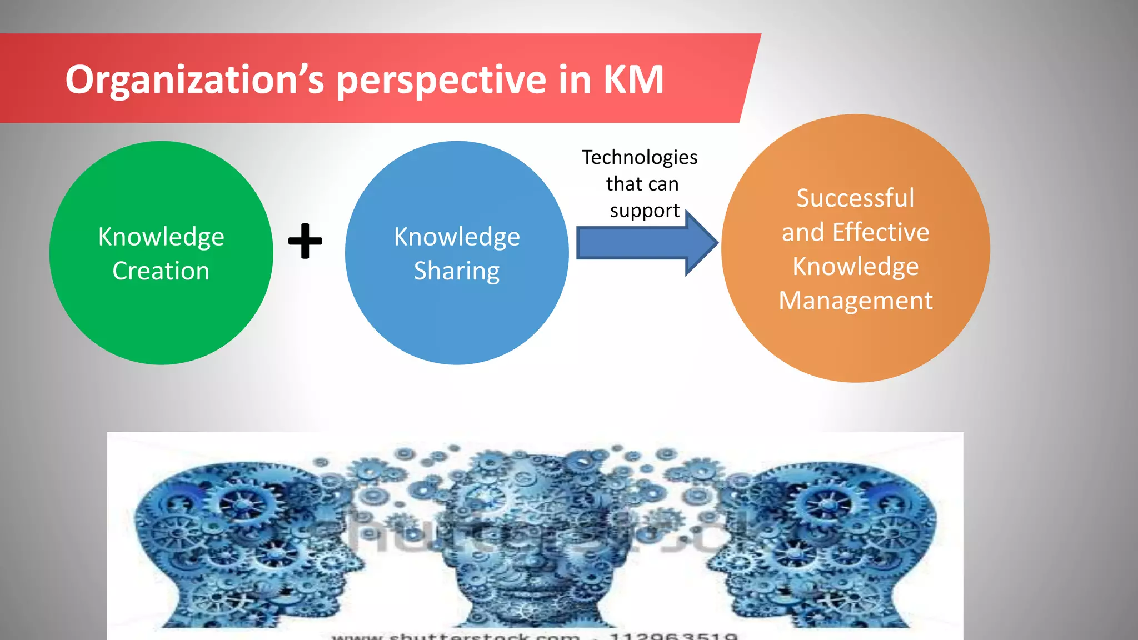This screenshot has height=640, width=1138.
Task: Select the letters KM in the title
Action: [x=633, y=79]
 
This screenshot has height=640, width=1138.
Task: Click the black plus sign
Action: [x=305, y=241]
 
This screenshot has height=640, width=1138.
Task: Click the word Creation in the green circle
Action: [x=161, y=271]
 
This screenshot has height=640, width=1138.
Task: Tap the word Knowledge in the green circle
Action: [x=161, y=237]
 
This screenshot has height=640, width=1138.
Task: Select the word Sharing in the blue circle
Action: [x=457, y=271]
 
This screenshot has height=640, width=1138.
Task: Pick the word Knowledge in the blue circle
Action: [x=457, y=237]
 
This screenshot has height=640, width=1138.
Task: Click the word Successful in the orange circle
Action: [x=855, y=198]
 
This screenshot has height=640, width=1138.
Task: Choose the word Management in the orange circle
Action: [x=856, y=301]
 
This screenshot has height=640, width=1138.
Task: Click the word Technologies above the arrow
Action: [x=640, y=158]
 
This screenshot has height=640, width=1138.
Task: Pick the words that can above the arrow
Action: [x=642, y=184]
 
